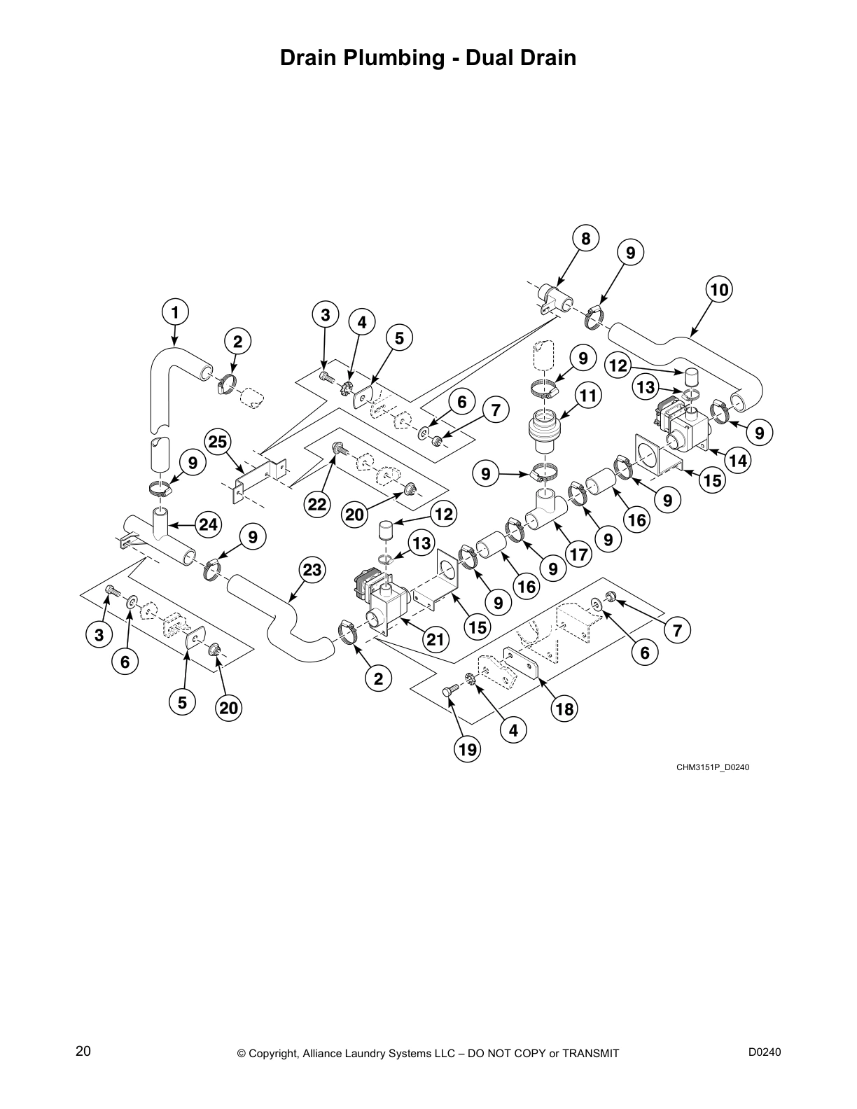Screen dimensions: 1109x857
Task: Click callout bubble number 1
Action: point(175,312)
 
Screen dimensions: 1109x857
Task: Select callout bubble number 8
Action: point(585,239)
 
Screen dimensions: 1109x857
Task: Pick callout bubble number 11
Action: point(588,396)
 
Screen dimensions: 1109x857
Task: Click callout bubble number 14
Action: point(738,461)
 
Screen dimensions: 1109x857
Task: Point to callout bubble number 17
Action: point(579,555)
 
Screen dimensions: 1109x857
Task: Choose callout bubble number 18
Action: point(564,709)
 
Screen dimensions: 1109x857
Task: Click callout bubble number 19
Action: point(468,751)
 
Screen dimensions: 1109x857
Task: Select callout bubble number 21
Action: point(435,639)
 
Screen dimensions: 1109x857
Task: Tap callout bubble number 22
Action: point(317,505)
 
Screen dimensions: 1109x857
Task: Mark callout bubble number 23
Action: point(312,571)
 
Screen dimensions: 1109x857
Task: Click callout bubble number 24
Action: point(209,524)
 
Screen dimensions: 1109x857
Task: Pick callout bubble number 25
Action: point(218,442)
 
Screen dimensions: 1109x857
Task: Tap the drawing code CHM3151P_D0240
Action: point(713,767)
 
